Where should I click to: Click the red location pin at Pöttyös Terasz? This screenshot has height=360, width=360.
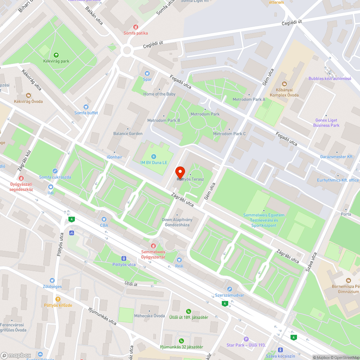[180, 171]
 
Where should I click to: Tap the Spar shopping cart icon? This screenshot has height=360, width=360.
[147, 73]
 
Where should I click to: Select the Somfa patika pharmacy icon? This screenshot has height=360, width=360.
[136, 27]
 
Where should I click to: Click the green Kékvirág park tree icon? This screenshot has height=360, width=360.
[56, 55]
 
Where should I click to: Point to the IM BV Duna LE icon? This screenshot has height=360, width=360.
[154, 156]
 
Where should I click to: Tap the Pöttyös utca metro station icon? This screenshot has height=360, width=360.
[124, 258]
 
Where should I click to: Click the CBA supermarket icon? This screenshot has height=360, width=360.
[104, 219]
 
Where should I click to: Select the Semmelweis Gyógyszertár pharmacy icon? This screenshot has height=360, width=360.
[153, 246]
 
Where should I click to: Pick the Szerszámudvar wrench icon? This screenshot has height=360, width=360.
[229, 289]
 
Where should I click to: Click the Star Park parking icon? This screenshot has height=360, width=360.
[246, 339]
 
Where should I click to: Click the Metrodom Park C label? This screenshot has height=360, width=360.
[229, 134]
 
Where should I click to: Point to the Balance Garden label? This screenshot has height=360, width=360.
[128, 134]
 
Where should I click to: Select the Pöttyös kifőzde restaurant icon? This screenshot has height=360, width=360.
[58, 299]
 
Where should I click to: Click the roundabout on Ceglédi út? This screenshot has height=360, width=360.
[127, 50]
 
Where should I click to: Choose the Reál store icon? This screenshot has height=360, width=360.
[179, 260]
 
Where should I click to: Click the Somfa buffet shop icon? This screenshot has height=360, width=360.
[86, 107]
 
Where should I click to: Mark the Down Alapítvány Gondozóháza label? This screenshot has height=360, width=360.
[177, 222]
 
